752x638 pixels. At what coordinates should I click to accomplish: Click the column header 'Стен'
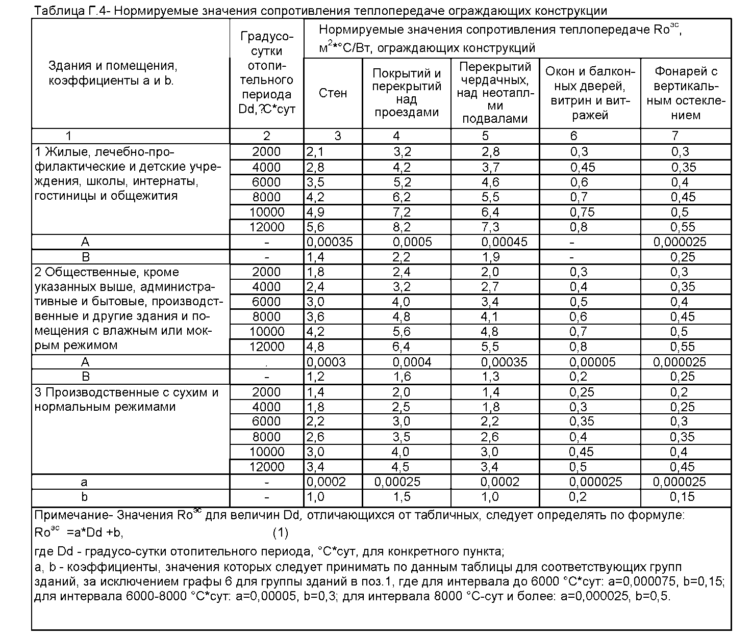333,93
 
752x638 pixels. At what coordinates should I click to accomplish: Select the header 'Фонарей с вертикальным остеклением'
686,93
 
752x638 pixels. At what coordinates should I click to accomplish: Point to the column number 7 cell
675,136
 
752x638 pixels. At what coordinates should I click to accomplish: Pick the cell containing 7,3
490,227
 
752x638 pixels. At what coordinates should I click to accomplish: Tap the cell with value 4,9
315,212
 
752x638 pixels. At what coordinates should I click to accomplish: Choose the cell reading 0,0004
412,362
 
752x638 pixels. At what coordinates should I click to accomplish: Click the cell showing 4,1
490,316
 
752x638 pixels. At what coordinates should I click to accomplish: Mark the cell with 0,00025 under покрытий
397,482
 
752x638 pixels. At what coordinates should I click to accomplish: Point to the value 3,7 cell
490,167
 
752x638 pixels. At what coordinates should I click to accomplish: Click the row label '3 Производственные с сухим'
126,392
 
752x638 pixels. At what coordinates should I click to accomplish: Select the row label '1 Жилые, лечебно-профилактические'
105,152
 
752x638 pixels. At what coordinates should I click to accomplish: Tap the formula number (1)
280,533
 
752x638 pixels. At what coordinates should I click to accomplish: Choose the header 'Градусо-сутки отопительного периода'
267,73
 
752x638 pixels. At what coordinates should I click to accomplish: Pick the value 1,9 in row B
490,257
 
